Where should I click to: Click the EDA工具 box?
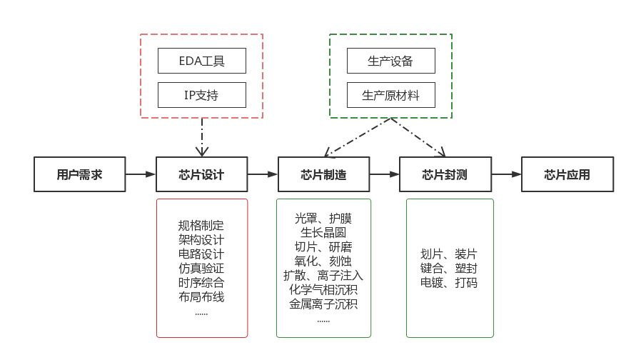[x=202, y=61]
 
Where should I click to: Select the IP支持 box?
[x=202, y=95]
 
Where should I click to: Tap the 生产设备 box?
[x=390, y=61]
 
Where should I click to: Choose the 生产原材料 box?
[x=390, y=95]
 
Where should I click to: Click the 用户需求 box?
[x=80, y=174]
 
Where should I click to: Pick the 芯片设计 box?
[x=201, y=174]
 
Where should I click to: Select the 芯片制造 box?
[x=323, y=174]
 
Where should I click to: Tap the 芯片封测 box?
[x=445, y=174]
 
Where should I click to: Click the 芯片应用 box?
[x=567, y=174]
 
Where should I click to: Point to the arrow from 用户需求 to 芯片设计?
[x=141, y=174]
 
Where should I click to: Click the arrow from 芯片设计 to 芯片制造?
[x=262, y=174]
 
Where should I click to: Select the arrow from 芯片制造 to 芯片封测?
[x=384, y=174]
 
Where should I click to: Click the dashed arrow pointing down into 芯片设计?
[x=202, y=136]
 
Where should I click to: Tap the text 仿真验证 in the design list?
[x=201, y=269]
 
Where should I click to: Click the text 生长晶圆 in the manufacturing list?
[x=323, y=233]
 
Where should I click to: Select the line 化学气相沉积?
[x=323, y=290]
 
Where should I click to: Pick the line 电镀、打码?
[x=450, y=283]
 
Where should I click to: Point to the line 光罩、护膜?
[x=323, y=219]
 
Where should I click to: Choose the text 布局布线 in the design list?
[x=201, y=297]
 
